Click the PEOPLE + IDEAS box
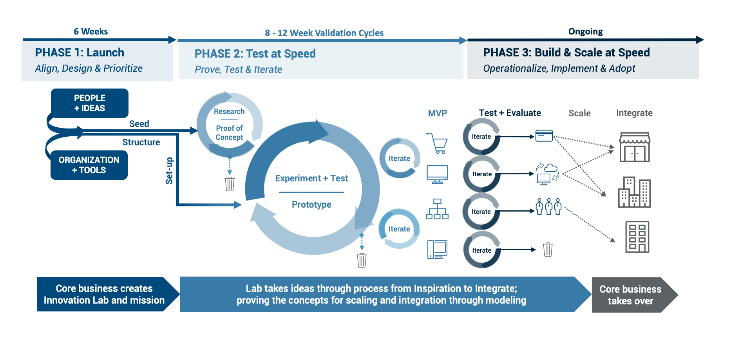click(90, 103)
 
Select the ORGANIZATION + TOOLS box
click(89, 165)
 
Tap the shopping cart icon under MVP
click(438, 143)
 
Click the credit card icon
click(544, 136)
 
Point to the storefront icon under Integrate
click(634, 147)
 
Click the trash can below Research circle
click(230, 184)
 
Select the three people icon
click(548, 206)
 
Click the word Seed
click(139, 124)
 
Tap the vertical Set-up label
click(169, 171)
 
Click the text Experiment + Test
click(311, 178)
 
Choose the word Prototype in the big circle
click(311, 204)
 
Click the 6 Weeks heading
click(90, 31)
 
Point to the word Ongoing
click(585, 31)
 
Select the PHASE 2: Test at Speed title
click(255, 54)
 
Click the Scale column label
click(579, 113)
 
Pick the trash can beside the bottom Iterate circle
click(548, 250)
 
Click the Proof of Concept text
click(229, 133)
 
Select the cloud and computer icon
click(547, 174)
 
